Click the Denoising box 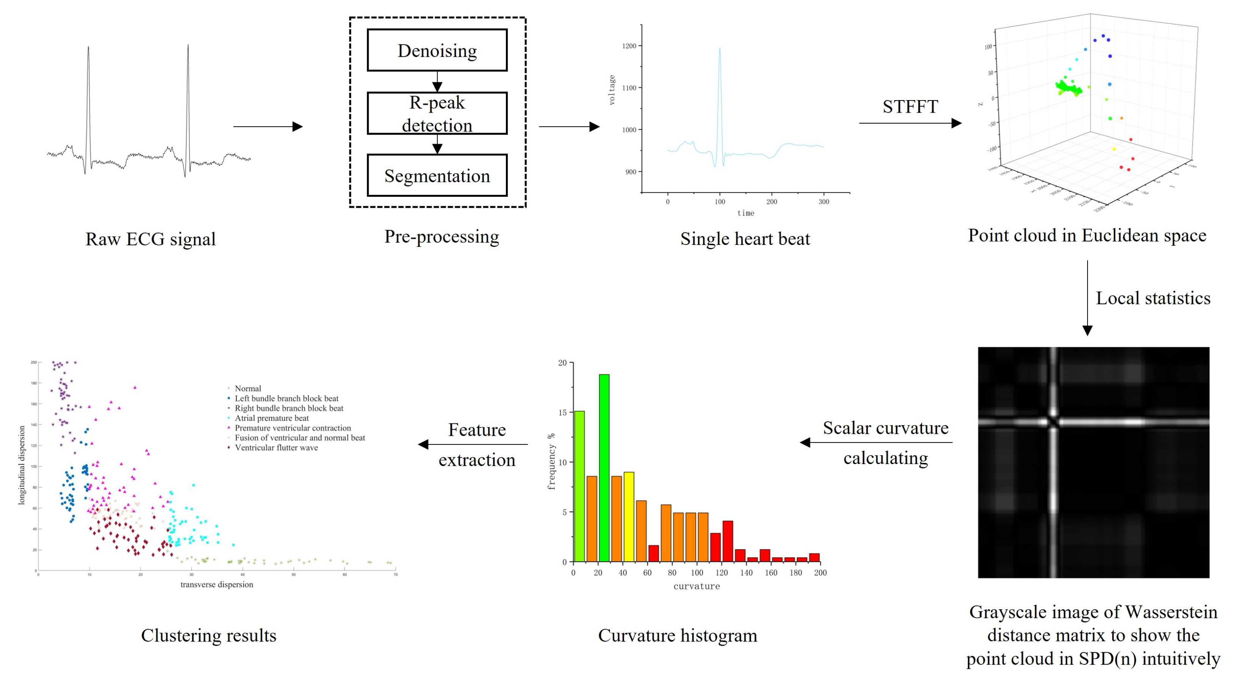point(437,50)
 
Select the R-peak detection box point(437,113)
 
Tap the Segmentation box point(437,176)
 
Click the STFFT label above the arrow point(910,107)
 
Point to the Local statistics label point(1153,298)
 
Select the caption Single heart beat point(745,238)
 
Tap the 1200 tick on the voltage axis point(629,46)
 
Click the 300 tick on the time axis point(824,202)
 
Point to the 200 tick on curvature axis point(820,573)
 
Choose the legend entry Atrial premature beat point(272,418)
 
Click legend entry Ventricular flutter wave point(276,448)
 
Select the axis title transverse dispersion point(217,585)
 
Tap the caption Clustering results point(208,635)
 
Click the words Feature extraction point(477,444)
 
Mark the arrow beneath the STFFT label point(910,123)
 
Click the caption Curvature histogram point(677,635)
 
